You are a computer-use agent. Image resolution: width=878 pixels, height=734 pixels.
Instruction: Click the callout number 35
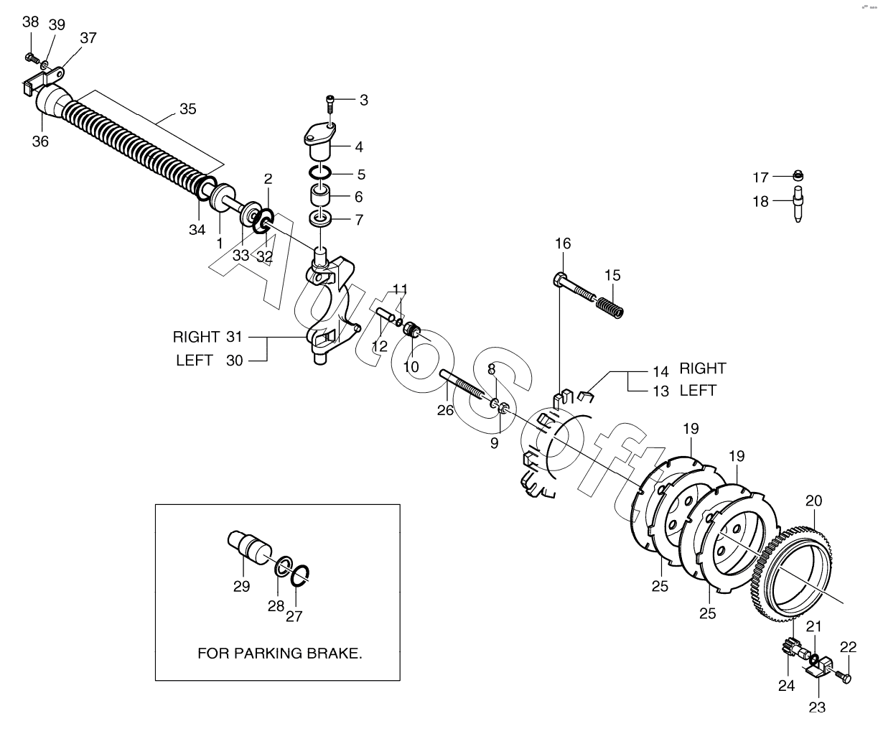pos(187,110)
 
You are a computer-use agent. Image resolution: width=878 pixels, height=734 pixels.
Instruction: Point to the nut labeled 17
pos(798,175)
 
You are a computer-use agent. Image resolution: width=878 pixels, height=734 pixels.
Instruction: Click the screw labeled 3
pos(330,103)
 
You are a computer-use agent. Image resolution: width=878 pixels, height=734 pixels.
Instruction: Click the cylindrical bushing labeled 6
pos(320,195)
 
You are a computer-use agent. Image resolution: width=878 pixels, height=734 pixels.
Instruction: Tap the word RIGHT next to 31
pos(196,337)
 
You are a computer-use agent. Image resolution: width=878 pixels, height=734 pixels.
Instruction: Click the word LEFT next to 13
pos(698,391)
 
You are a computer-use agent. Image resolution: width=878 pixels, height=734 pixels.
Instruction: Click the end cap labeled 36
pos(49,101)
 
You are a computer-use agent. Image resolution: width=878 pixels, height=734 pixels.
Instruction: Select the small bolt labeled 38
pos(30,57)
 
